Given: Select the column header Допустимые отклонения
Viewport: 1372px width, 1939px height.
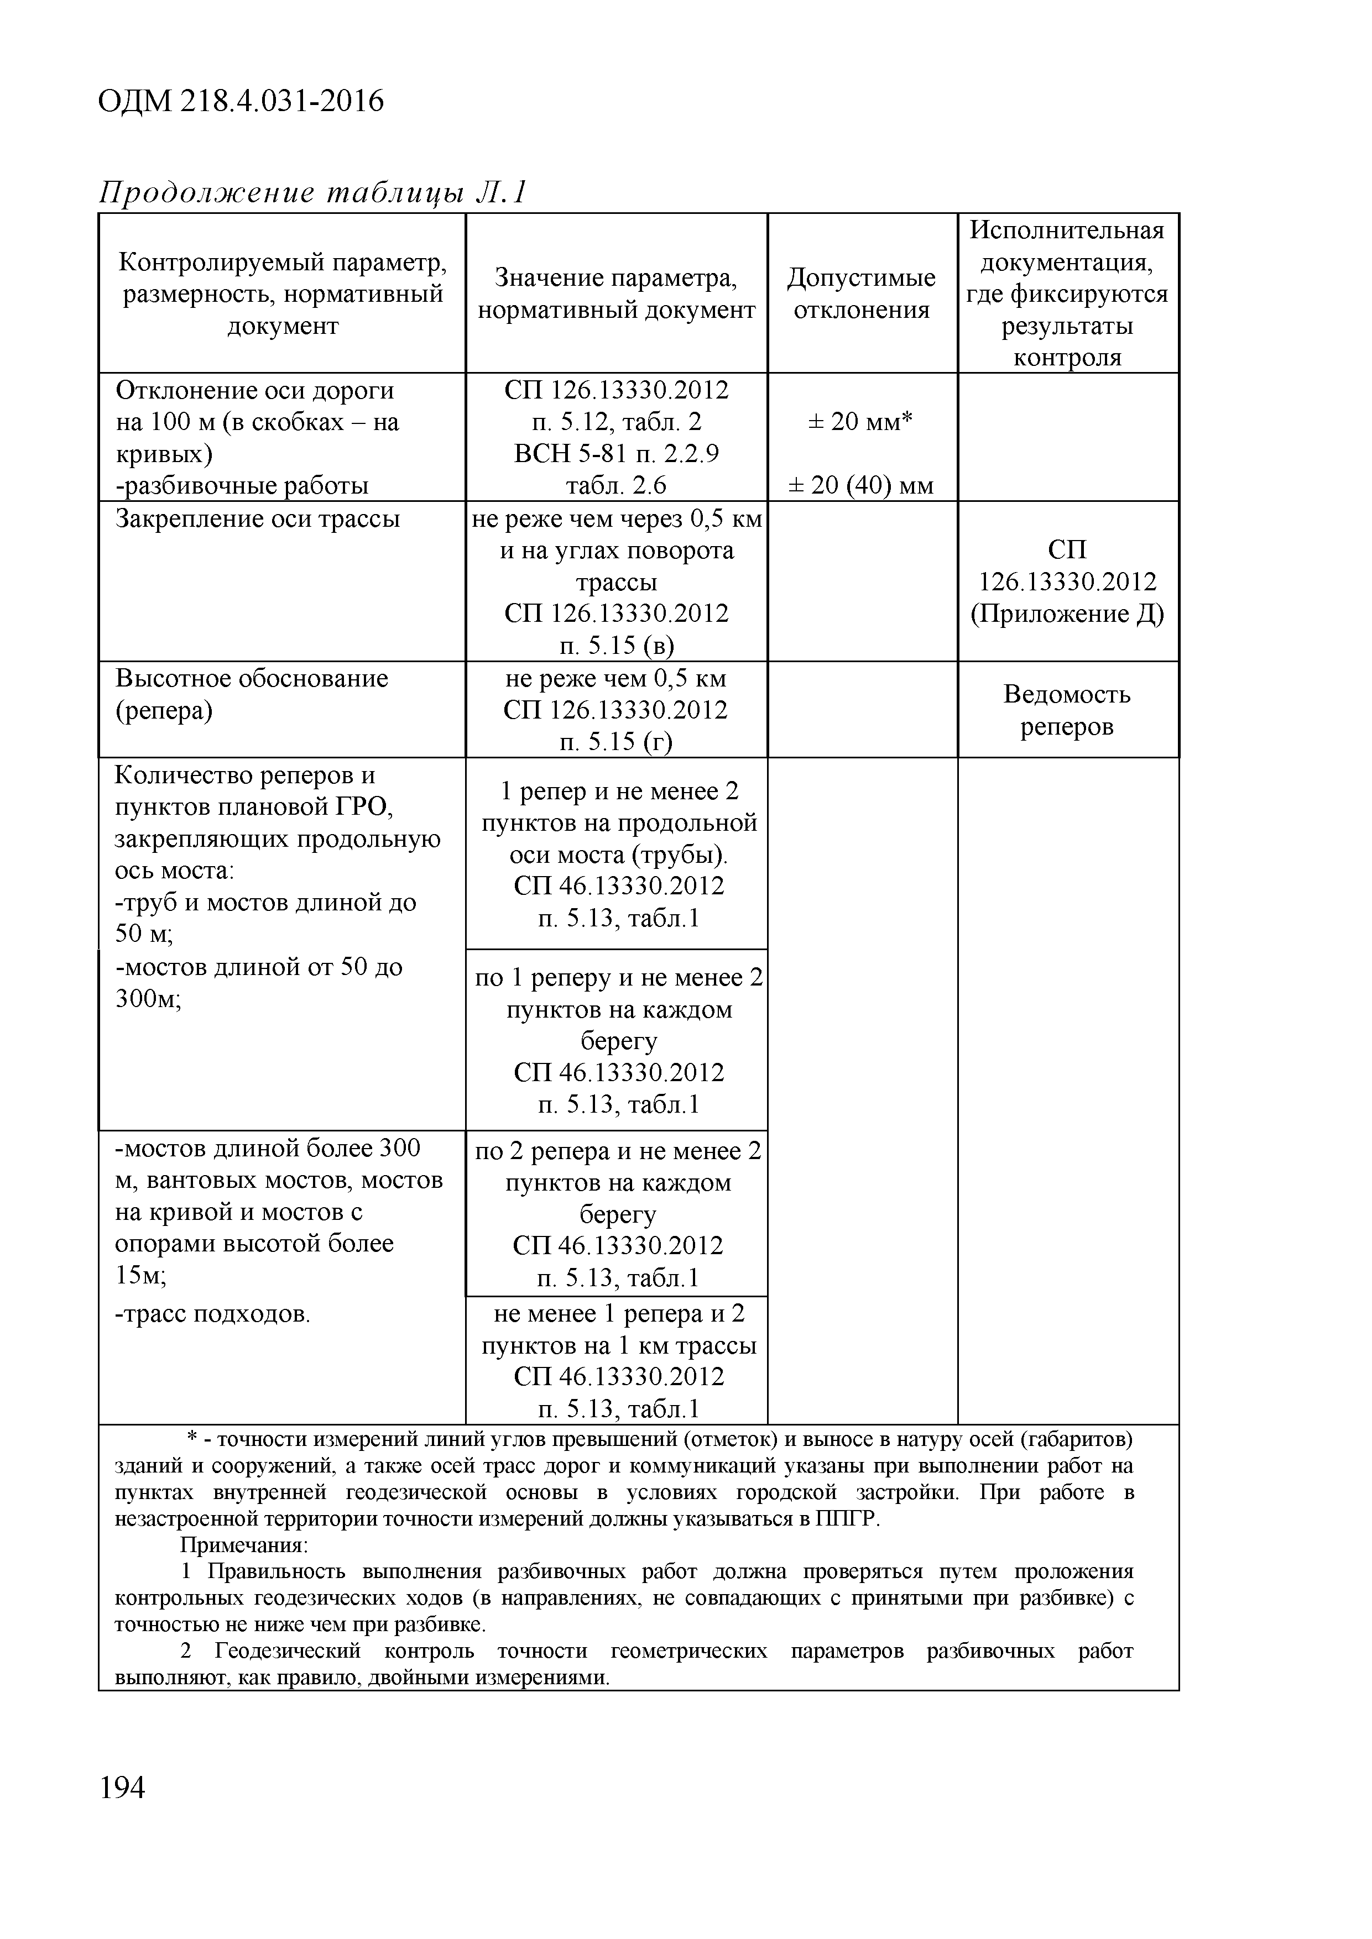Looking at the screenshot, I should click(x=861, y=293).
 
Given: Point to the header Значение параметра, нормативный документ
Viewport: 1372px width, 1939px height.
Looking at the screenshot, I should click(x=616, y=293).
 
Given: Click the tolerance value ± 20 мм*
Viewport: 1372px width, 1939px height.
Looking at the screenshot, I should click(x=861, y=421).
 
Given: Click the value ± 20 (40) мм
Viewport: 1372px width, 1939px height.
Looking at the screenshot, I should click(x=861, y=486).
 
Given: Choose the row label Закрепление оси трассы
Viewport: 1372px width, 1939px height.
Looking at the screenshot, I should click(x=258, y=518).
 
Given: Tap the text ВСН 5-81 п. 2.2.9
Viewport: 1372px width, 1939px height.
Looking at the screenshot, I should click(x=616, y=454).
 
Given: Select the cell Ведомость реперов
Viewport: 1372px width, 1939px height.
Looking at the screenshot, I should click(x=1066, y=710).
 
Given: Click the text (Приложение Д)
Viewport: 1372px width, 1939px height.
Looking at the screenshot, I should click(x=1066, y=614).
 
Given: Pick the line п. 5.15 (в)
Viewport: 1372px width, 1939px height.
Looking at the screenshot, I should click(x=616, y=646).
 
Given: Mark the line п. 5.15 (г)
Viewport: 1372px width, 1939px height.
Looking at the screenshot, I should click(x=616, y=741).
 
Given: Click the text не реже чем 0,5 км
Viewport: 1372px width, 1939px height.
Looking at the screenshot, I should click(x=616, y=678).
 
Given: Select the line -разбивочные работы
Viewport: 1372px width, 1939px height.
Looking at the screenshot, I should click(x=242, y=486).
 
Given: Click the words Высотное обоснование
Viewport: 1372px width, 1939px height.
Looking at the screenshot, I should click(x=252, y=678).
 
